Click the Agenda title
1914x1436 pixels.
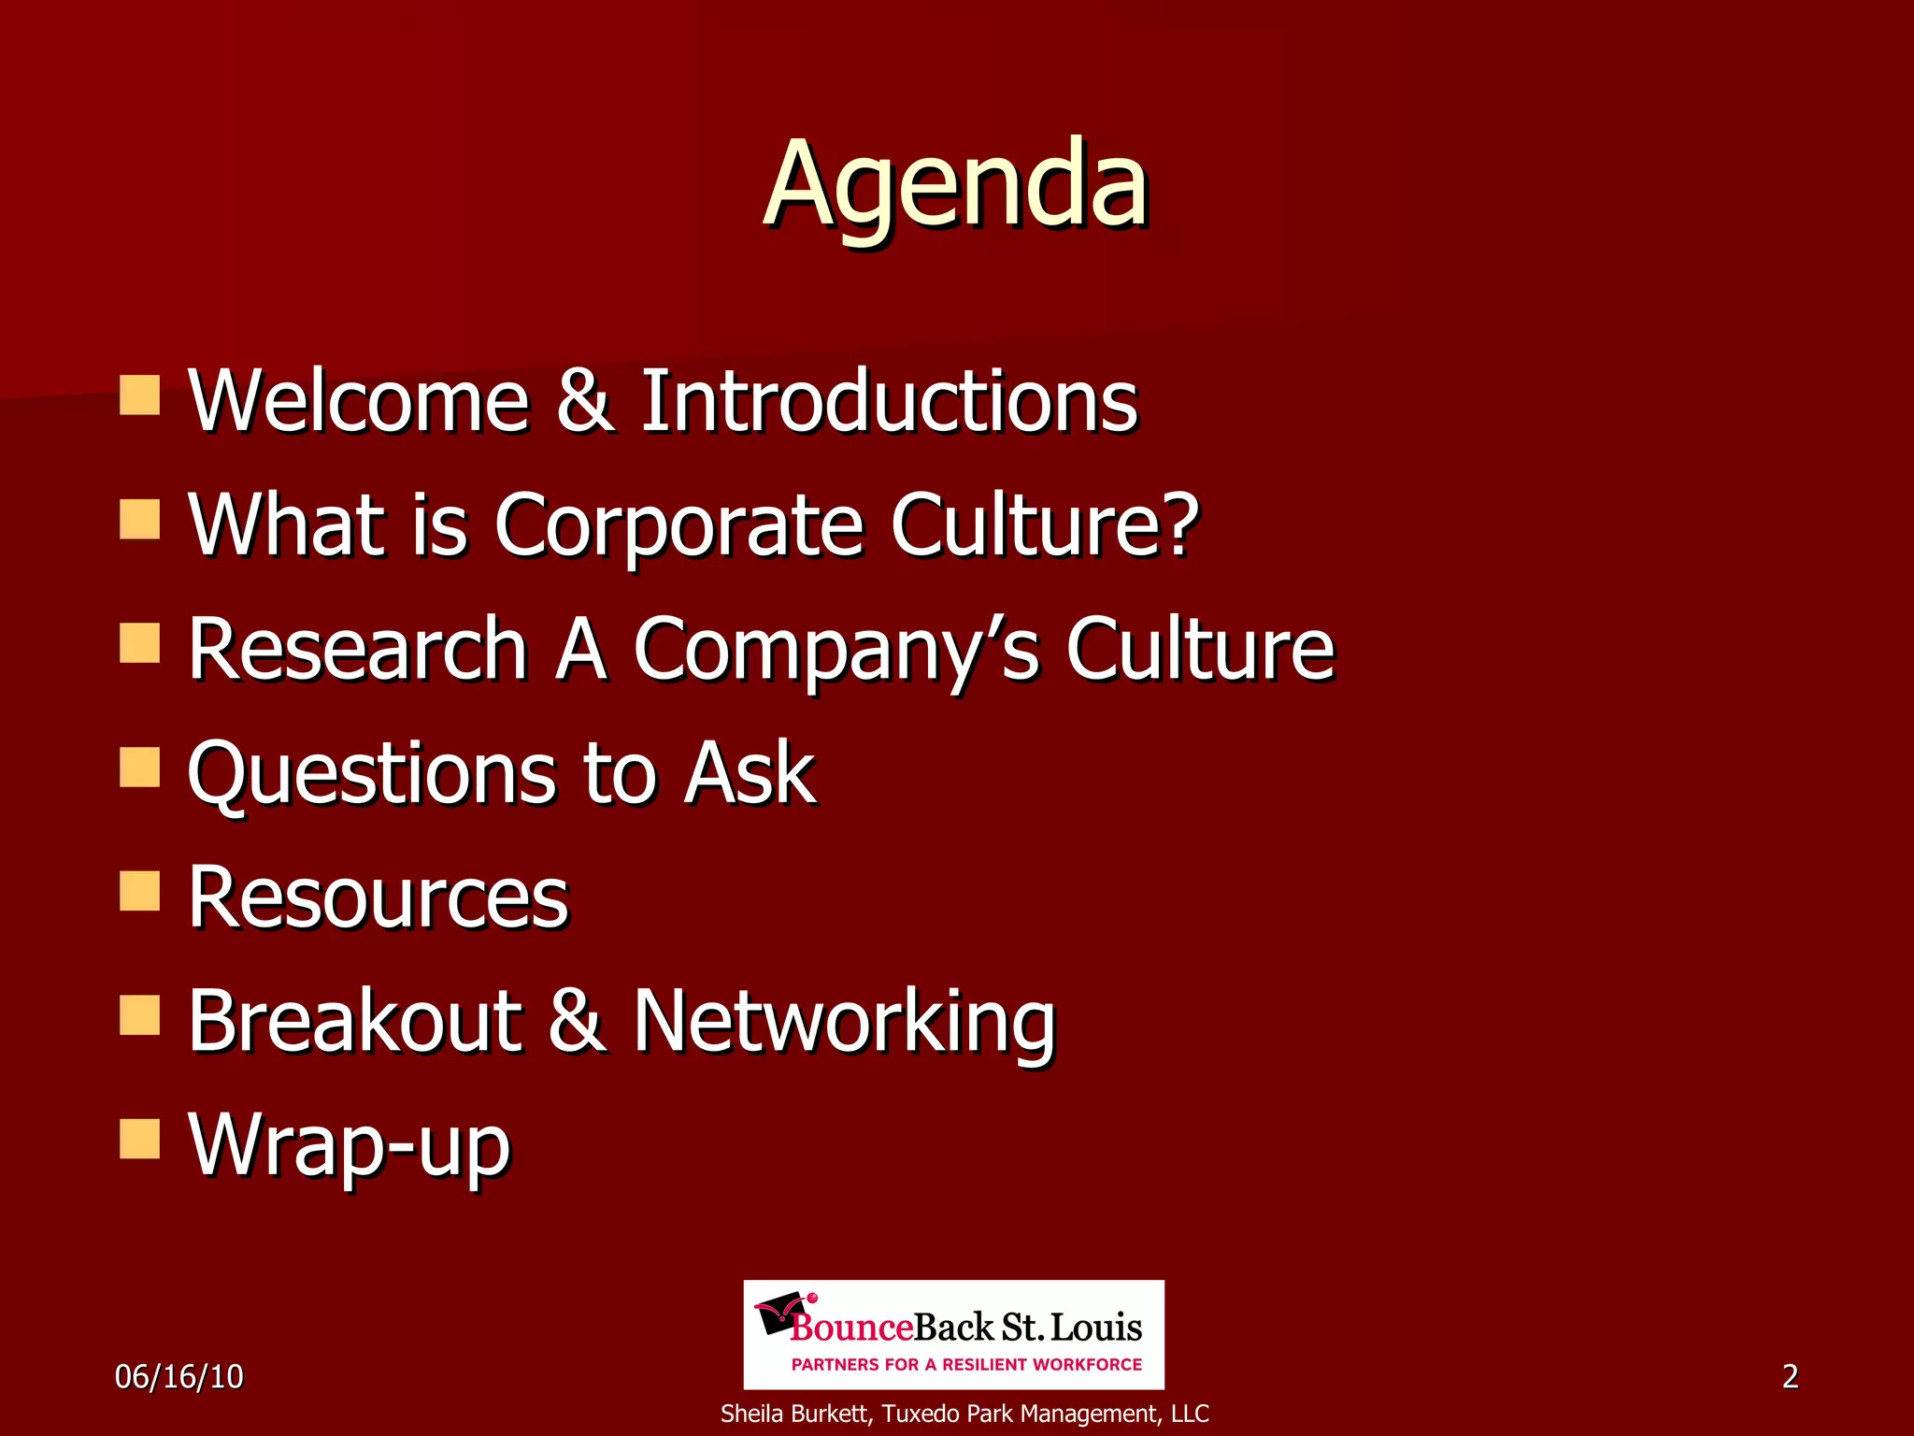[x=955, y=184]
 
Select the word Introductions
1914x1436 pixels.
[x=889, y=401]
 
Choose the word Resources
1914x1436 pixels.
[x=379, y=897]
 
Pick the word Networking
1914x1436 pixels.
[x=844, y=1022]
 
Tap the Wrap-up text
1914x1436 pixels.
[x=349, y=1146]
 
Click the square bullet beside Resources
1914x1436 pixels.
[x=140, y=891]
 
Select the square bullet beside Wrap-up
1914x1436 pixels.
[x=140, y=1139]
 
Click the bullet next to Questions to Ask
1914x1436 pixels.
[x=140, y=767]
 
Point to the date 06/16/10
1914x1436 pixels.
[x=179, y=1376]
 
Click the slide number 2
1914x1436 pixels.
[x=1790, y=1376]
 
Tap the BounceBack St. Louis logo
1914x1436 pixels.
[x=953, y=1334]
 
